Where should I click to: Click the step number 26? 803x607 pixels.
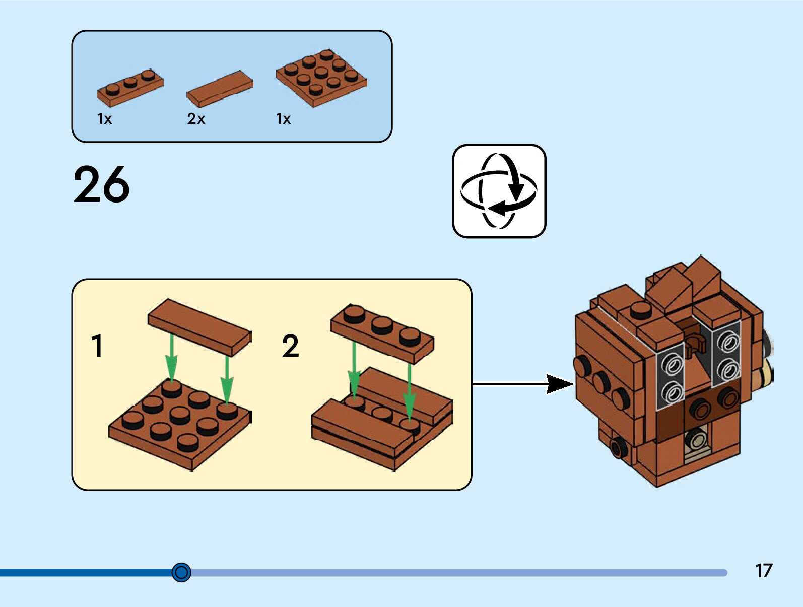(101, 184)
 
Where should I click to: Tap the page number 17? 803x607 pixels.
(764, 570)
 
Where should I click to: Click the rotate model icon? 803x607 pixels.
(499, 191)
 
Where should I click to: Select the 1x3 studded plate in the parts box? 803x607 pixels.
(130, 88)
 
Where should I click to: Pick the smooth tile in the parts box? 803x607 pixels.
(220, 89)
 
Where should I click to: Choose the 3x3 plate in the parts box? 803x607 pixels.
(321, 78)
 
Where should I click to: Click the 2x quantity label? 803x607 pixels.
(196, 119)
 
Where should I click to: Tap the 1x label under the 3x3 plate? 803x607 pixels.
(284, 119)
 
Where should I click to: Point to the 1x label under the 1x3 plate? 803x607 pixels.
(104, 119)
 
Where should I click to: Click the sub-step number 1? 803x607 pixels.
(97, 345)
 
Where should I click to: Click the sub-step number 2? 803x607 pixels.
(291, 346)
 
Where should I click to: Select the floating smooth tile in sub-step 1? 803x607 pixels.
(200, 327)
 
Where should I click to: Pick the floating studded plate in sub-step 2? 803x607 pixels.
(382, 333)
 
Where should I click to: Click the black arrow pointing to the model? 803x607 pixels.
(523, 384)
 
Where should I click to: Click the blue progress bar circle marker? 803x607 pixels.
(181, 572)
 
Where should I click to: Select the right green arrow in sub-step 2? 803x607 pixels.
(410, 391)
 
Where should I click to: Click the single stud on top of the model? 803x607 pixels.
(641, 311)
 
